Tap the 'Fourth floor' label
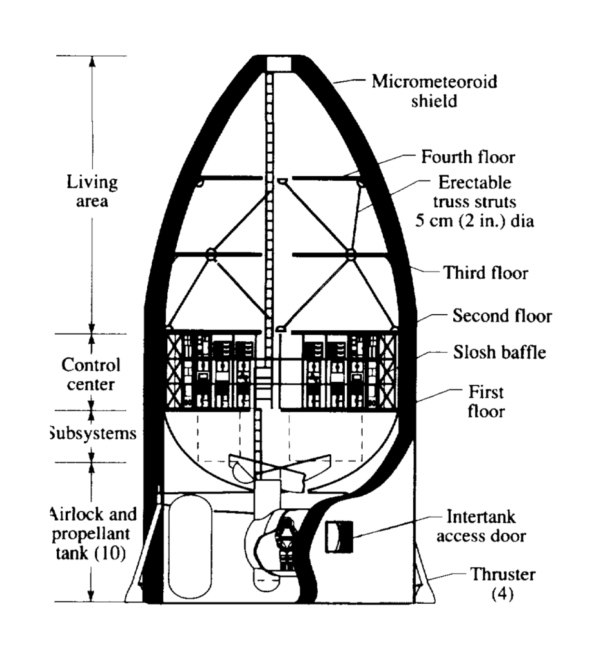click(468, 157)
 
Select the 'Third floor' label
click(485, 273)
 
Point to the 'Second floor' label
click(502, 316)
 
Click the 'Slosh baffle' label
click(498, 353)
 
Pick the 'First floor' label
click(485, 401)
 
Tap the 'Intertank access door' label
click(482, 526)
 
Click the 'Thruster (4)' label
click(503, 583)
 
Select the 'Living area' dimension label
click(92, 190)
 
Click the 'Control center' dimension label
click(91, 374)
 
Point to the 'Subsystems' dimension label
click(92, 433)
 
